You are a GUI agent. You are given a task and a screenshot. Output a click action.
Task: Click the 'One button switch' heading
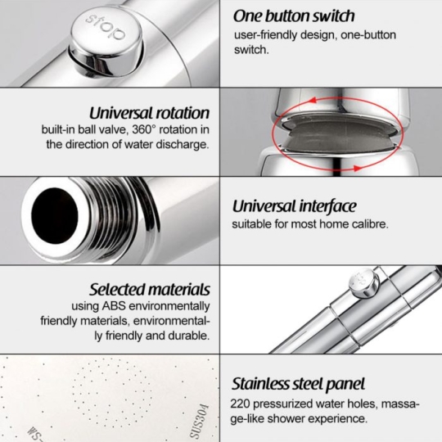tap(294, 16)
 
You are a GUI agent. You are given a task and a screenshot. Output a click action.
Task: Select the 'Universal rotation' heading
tap(150, 113)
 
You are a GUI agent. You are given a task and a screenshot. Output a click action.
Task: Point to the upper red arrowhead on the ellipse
tap(312, 100)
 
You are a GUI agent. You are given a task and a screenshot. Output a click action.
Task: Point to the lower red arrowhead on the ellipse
tap(358, 169)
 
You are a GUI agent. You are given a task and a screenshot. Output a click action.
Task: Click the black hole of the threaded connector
tap(55, 215)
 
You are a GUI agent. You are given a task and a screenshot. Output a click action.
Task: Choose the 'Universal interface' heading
tap(295, 206)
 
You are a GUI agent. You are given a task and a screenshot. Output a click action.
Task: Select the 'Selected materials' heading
tap(150, 290)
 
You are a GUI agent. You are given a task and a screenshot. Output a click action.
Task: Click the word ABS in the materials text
tap(114, 306)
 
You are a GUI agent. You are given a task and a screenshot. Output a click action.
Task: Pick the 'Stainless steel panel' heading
tap(298, 384)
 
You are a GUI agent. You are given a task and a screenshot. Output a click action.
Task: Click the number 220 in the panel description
tap(240, 404)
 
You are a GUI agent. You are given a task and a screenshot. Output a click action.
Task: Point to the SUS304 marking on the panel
tap(200, 422)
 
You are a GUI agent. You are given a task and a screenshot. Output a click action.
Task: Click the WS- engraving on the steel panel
tap(35, 434)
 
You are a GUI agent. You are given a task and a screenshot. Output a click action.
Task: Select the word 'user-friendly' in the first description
tap(265, 35)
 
